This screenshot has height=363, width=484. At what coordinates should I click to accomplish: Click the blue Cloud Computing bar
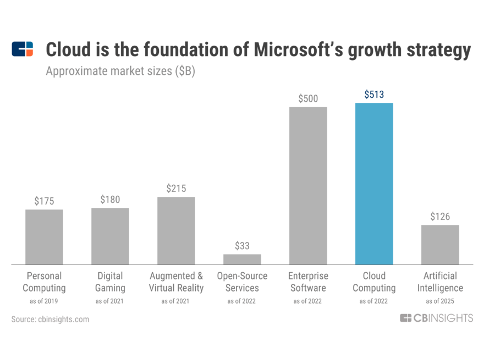[x=374, y=184]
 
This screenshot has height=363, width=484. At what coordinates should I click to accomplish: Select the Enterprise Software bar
[x=308, y=185]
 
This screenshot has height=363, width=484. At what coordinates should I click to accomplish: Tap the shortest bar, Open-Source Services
[x=242, y=259]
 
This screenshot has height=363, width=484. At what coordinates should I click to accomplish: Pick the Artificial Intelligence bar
[x=440, y=245]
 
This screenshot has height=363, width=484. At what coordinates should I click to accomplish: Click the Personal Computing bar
[x=44, y=237]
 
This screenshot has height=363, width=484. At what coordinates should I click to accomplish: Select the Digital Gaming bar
[x=110, y=236]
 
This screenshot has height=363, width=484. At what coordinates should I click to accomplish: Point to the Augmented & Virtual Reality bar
[x=176, y=230]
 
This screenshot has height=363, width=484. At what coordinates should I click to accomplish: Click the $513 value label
[x=374, y=95]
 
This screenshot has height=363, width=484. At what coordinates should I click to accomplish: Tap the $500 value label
[x=308, y=99]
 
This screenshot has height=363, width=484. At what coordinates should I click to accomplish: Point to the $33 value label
[x=242, y=246]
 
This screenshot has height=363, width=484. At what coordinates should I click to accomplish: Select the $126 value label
[x=440, y=216]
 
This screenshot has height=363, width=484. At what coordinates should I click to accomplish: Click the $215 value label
[x=176, y=189]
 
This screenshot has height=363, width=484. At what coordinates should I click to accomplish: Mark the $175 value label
[x=44, y=201]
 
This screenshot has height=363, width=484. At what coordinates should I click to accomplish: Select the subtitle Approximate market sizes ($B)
[x=120, y=71]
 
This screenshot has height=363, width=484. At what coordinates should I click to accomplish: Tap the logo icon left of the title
[x=23, y=49]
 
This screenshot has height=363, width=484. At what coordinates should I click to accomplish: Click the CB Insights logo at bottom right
[x=436, y=318]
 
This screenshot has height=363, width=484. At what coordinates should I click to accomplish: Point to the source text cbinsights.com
[x=50, y=319]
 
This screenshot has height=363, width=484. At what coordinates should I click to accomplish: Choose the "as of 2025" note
[x=440, y=301]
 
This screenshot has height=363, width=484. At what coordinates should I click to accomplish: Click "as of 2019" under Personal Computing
[x=44, y=301]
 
